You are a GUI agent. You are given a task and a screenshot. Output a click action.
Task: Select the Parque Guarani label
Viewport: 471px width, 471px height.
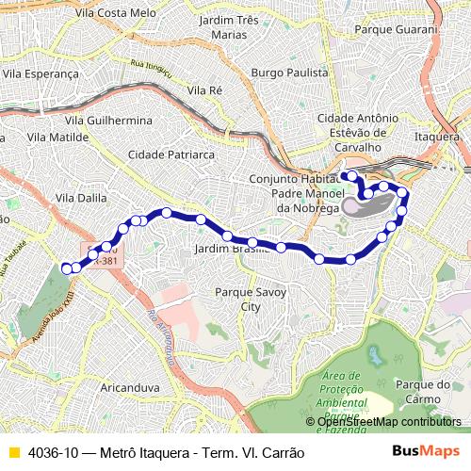pos(396,29)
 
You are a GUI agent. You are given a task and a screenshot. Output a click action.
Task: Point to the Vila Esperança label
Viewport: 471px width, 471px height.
pos(40,71)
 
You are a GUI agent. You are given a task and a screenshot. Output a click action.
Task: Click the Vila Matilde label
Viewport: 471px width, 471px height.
pos(57,137)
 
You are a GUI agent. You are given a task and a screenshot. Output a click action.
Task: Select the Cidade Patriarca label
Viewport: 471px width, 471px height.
pos(172,154)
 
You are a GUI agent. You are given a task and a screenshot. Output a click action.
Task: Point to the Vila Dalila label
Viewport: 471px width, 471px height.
pos(81,198)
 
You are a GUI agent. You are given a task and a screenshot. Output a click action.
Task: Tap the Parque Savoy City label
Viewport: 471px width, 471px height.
pos(250,300)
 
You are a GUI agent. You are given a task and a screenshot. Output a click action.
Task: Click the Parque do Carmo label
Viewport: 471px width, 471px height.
pos(425,391)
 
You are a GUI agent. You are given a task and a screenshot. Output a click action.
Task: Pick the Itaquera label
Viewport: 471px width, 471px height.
pos(437,137)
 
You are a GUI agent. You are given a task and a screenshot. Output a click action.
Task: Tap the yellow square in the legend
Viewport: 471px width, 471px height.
pos(13,452)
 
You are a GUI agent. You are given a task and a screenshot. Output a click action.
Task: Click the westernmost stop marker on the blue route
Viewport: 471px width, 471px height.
pos(66,268)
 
